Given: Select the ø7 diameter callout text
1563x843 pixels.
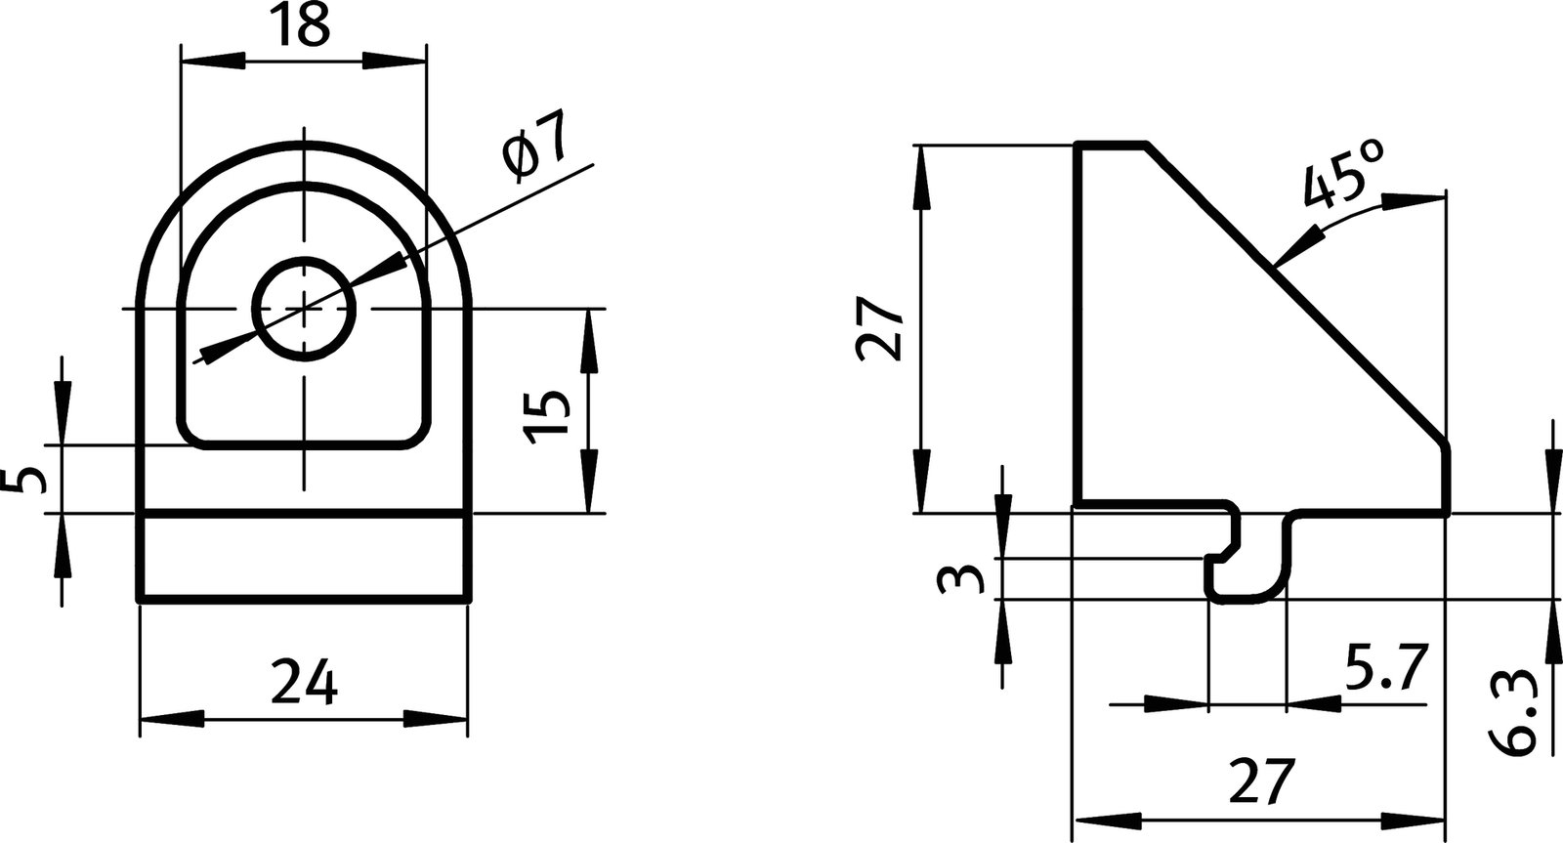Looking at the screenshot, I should [534, 147].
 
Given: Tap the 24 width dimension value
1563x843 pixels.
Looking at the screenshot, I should [304, 683].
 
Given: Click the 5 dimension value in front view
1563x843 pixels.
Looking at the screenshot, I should [30, 480].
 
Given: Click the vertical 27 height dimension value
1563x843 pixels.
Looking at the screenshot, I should [878, 330].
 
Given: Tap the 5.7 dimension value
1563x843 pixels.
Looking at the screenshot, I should [1387, 668].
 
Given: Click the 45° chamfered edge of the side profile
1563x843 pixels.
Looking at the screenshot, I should [1299, 293].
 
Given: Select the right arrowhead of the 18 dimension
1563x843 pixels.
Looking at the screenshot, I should [395, 61].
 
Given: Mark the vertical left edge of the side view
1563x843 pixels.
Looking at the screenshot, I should [1077, 322].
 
